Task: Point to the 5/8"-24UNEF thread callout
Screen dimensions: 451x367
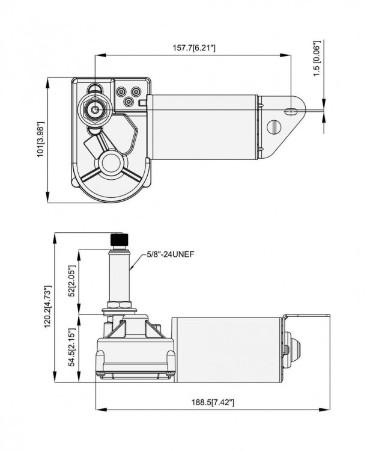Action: click(171, 254)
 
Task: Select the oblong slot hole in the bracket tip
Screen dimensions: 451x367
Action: click(291, 111)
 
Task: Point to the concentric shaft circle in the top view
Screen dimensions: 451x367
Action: click(95, 110)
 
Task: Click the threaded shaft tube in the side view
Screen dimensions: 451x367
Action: click(118, 277)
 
